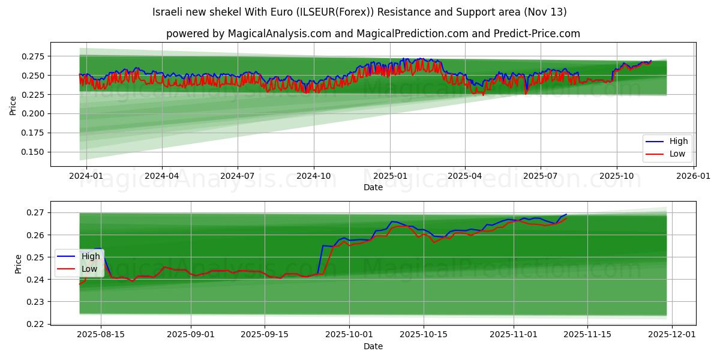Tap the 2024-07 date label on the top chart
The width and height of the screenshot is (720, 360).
pos(238,176)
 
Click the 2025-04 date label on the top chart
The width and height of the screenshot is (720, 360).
pos(465,176)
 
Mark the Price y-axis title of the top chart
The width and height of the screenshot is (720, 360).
pos(13,106)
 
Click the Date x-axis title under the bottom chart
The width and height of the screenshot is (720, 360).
pos(373,346)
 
